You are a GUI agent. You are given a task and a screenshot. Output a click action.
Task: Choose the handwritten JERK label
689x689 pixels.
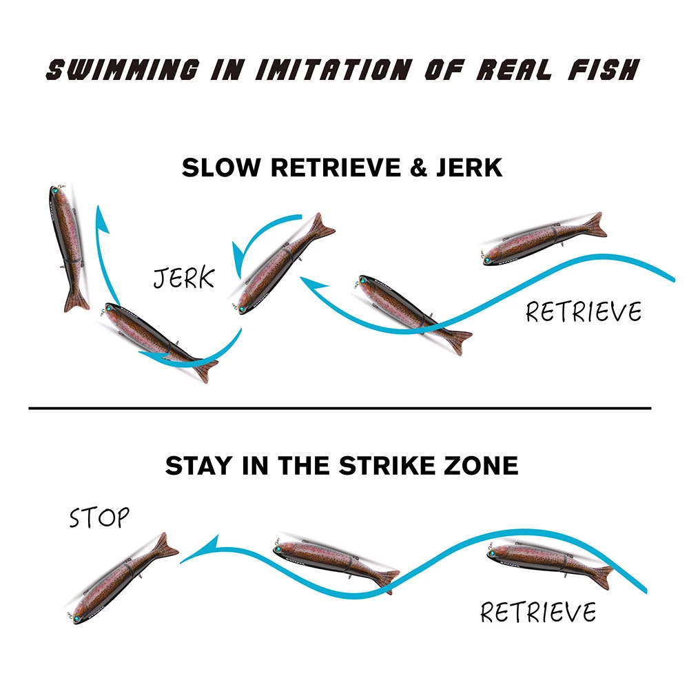click(184, 278)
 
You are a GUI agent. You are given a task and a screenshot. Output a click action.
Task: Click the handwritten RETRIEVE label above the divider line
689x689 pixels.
click(584, 312)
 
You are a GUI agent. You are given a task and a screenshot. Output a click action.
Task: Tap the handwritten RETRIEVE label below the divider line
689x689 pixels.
click(538, 612)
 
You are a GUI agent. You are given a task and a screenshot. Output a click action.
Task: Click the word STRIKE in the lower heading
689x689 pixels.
click(380, 465)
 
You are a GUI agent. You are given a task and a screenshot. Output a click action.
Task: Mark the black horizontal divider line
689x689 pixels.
click(339, 409)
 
